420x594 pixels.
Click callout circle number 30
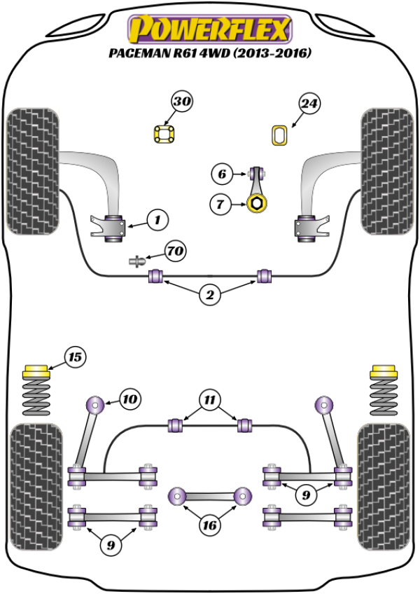pos(181,102)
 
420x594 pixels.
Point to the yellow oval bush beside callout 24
pos(279,135)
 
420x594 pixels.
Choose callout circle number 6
pos(220,173)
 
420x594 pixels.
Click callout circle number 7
pos(220,205)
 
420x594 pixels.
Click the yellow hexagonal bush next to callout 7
pos(257,205)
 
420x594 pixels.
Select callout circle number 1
pos(157,220)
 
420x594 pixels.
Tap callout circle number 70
pos(175,249)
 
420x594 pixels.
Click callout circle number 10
pos(129,400)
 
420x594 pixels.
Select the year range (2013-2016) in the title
pos(269,53)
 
